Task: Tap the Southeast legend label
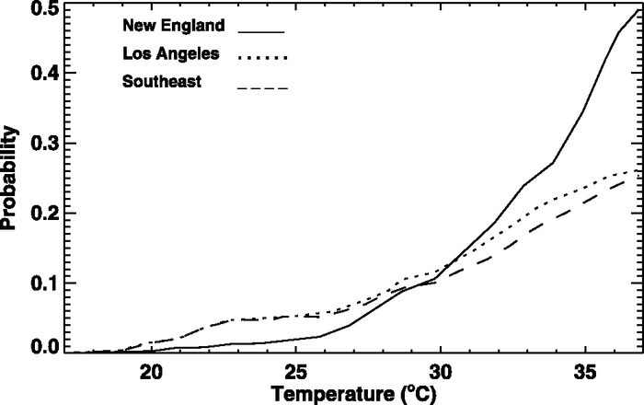(x=162, y=84)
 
